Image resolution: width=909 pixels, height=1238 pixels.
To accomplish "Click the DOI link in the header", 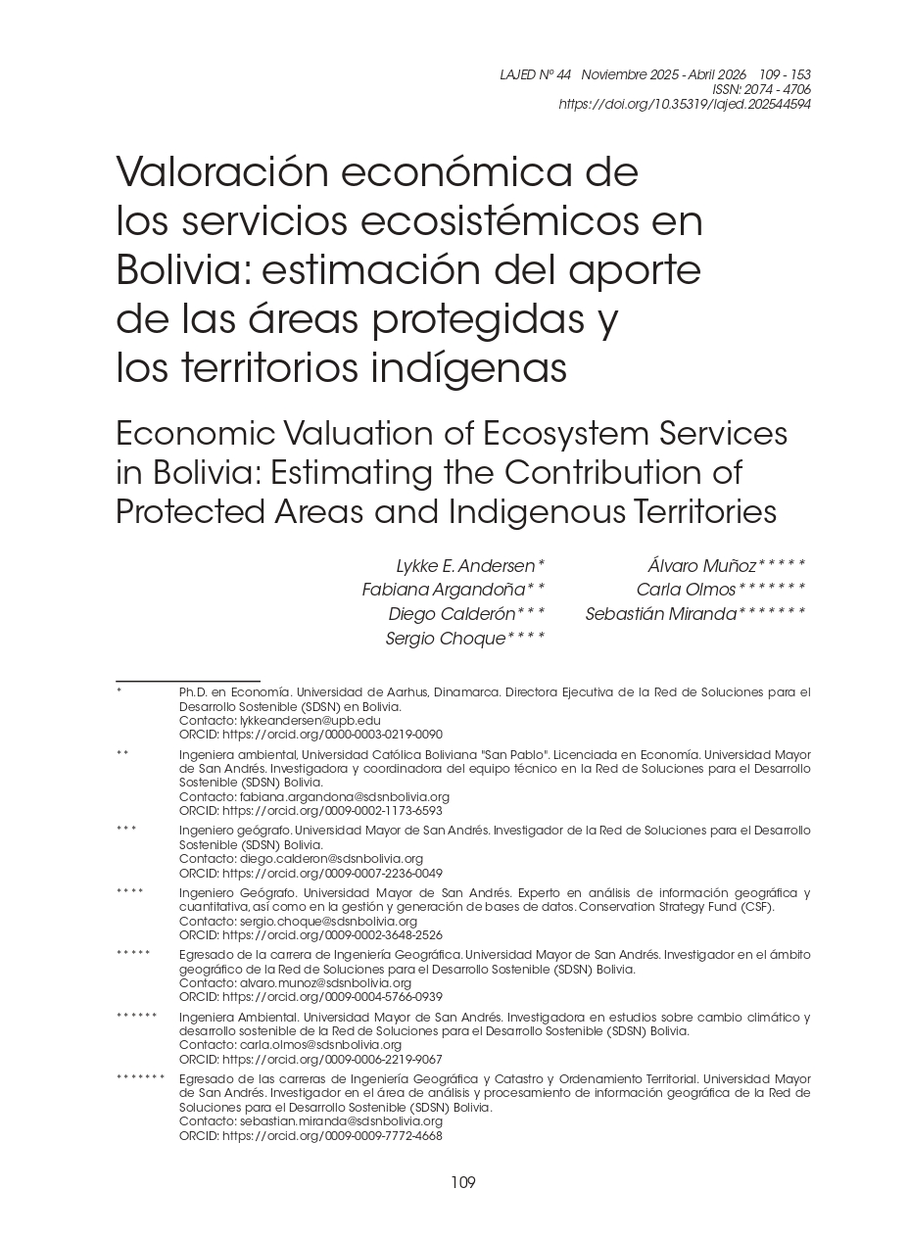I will pyautogui.click(x=684, y=104).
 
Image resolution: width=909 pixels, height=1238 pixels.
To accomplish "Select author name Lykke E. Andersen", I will pyautogui.click(x=465, y=566).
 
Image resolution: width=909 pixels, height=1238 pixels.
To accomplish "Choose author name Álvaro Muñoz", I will pyautogui.click(x=701, y=566).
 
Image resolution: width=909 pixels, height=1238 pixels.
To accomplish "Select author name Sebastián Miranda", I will pyautogui.click(x=660, y=615).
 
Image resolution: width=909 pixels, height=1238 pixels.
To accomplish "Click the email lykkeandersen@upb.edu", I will pyautogui.click(x=310, y=721).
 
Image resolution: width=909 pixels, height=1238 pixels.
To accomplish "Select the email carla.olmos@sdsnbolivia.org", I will pyautogui.click(x=320, y=1046).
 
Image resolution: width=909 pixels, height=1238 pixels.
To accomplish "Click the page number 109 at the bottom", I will pyautogui.click(x=462, y=1183).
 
